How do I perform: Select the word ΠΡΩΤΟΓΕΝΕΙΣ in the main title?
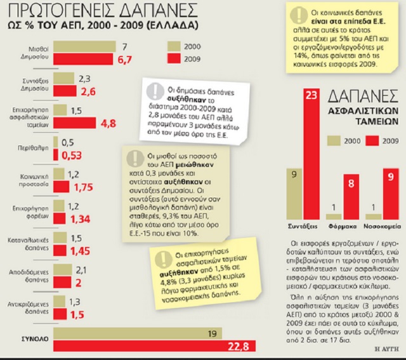click(60, 11)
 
